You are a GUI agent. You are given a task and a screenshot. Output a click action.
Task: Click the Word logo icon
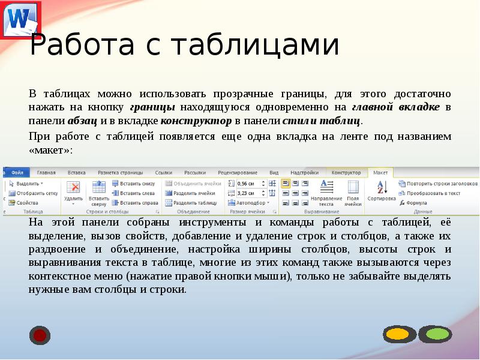click(18, 18)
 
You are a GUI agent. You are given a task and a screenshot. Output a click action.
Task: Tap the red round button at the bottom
click(40, 335)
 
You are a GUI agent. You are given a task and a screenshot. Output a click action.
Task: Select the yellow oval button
click(397, 334)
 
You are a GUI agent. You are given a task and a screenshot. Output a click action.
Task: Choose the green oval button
click(434, 334)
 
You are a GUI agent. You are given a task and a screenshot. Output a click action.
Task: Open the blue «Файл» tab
click(17, 173)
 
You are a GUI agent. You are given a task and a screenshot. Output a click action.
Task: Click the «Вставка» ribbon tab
click(77, 173)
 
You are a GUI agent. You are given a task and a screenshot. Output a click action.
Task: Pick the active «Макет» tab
click(380, 173)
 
